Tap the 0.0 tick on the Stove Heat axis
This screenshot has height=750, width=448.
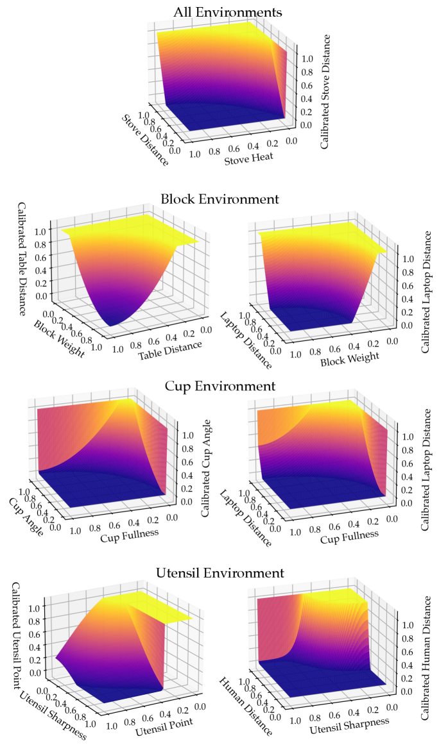[292, 140]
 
